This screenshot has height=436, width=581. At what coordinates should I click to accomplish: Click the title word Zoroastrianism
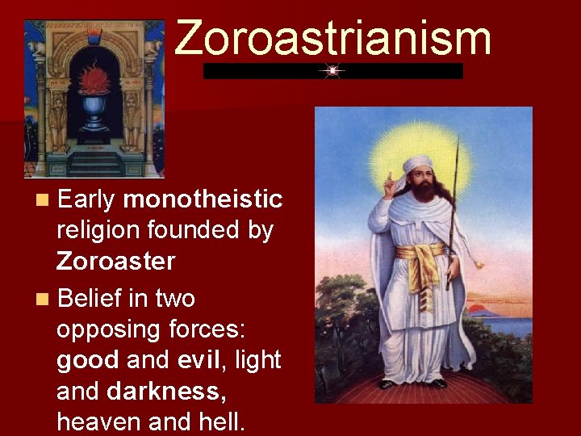tap(332, 38)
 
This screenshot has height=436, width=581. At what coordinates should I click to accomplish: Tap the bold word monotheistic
tap(203, 199)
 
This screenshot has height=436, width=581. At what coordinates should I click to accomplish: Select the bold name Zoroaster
tap(115, 261)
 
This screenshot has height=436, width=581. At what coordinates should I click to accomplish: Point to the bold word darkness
tap(164, 391)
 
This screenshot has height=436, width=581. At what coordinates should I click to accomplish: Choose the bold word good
tap(88, 359)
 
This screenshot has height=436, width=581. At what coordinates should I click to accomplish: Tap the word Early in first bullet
tap(87, 199)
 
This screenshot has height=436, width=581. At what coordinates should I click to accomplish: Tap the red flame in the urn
tap(94, 82)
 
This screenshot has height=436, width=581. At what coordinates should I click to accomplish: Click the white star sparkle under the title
tap(332, 71)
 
